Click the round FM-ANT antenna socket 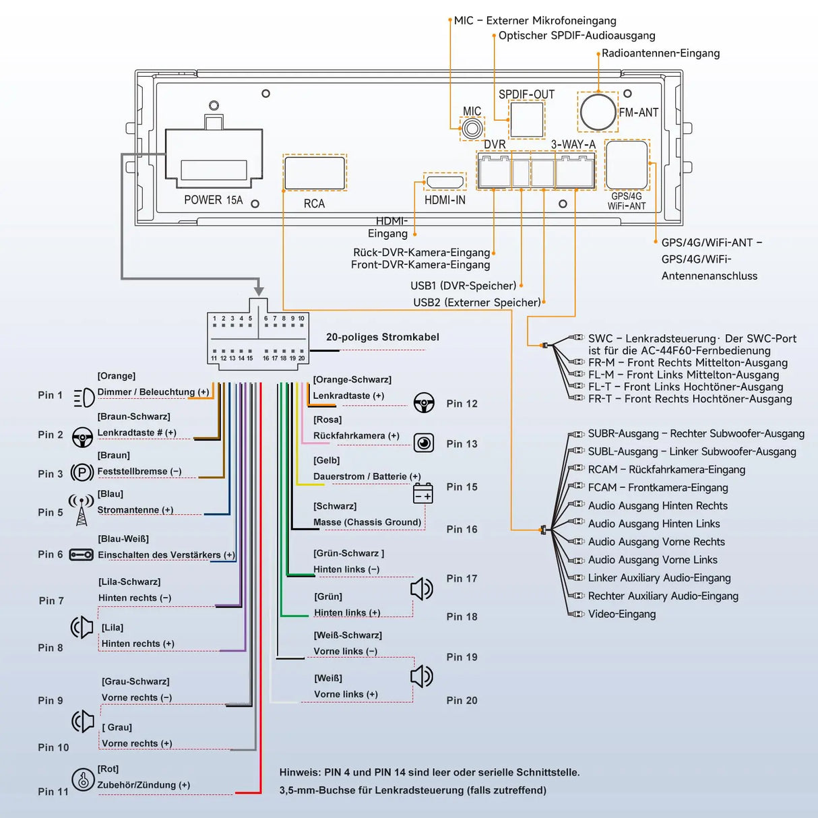[x=598, y=112]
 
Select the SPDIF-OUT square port [x=526, y=119]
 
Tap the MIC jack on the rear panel [x=472, y=127]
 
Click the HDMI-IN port [x=445, y=182]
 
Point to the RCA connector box [x=315, y=172]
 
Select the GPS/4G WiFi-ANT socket [x=627, y=164]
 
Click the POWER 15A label [x=213, y=200]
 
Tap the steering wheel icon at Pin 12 [x=424, y=403]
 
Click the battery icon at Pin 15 [x=423, y=493]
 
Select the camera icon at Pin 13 [x=424, y=443]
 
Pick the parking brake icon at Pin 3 [x=82, y=472]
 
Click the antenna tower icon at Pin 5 [x=82, y=510]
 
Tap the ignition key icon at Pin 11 [x=83, y=780]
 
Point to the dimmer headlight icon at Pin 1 [x=84, y=398]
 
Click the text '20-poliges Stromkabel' [x=382, y=337]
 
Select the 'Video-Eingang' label [x=621, y=614]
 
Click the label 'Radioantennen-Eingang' [x=660, y=53]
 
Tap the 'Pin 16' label [x=462, y=530]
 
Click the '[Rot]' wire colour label [x=108, y=769]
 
